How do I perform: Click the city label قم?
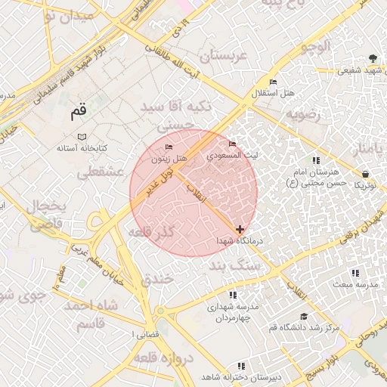[x=79, y=112]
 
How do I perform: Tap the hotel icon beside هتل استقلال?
[x=273, y=82]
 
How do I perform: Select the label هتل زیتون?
[x=169, y=159]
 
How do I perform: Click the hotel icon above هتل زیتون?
[x=169, y=146]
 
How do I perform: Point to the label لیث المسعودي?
[x=233, y=155]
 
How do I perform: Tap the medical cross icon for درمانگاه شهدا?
[x=240, y=228]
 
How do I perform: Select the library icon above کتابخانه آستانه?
[x=70, y=136]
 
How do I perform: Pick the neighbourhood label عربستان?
[x=224, y=57]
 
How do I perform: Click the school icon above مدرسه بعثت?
[x=354, y=272]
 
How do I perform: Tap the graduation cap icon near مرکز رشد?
[x=304, y=317]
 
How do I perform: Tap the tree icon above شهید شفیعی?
[x=373, y=58]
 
